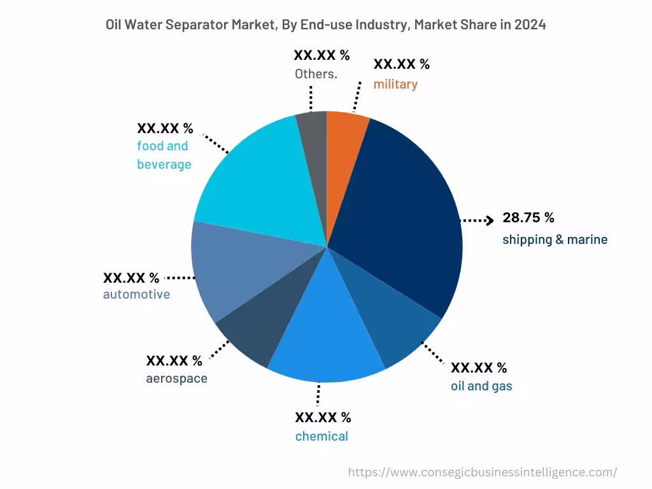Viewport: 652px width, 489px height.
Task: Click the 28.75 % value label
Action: pyautogui.click(x=528, y=218)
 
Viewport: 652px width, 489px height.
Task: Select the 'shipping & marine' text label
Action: pyautogui.click(x=555, y=240)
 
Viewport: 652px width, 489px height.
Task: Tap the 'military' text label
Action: pyautogui.click(x=395, y=84)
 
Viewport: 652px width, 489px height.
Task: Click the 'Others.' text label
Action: pyautogui.click(x=316, y=74)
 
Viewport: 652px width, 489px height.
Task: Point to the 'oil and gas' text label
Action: pyautogui.click(x=481, y=386)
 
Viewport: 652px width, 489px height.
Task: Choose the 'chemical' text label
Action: pyautogui.click(x=322, y=436)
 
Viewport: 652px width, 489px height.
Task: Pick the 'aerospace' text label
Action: pyautogui.click(x=176, y=379)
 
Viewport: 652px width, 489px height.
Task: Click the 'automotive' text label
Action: pyautogui.click(x=136, y=294)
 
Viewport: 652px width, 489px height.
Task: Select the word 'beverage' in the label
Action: pyautogui.click(x=164, y=164)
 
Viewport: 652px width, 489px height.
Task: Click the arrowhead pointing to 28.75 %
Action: pyautogui.click(x=489, y=220)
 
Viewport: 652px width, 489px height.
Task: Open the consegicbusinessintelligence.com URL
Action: pyautogui.click(x=483, y=472)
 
